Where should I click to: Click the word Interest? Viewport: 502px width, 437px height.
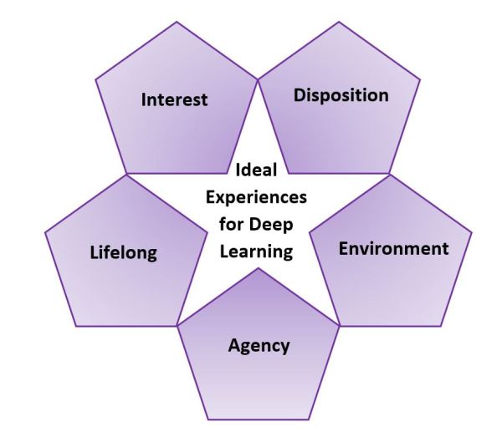174,100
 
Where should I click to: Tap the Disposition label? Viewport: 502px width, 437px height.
341,95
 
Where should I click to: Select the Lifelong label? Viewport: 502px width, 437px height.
123,253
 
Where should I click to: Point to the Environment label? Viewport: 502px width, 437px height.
393,248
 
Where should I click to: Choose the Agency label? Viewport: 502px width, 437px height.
259,345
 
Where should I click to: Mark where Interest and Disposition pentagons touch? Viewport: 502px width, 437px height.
258,79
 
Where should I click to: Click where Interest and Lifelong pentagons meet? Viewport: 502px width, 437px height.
125,175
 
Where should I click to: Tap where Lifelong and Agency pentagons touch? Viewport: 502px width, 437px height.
177,327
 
